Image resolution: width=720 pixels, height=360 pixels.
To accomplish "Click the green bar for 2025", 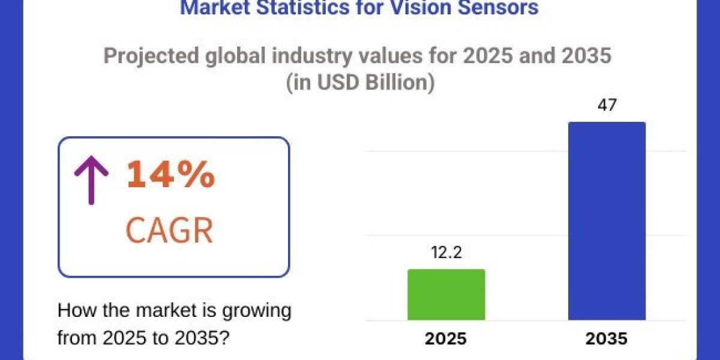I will tap(446, 295).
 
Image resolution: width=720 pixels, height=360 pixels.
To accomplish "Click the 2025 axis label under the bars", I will tap(446, 339).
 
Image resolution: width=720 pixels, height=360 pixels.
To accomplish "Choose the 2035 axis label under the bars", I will tap(607, 339).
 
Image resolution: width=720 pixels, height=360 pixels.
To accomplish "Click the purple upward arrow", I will tap(91, 178).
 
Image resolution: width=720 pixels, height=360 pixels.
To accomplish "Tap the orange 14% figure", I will tap(170, 175).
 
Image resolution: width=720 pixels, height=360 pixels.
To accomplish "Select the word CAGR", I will tap(169, 231).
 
